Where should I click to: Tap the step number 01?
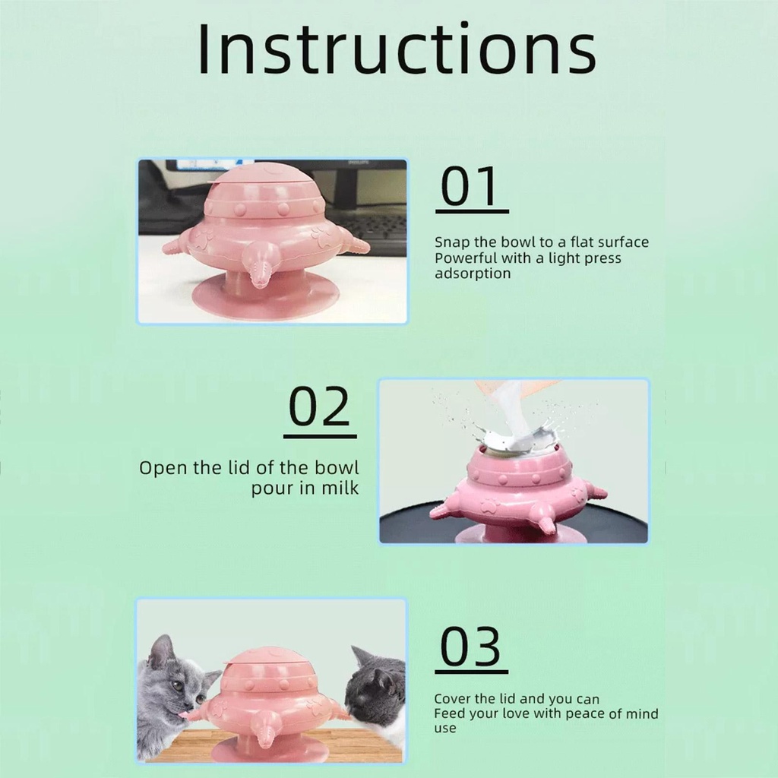(471, 188)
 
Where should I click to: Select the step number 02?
(320, 409)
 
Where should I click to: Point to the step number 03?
(471, 647)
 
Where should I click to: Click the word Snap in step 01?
(451, 242)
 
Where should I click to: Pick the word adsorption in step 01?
(473, 274)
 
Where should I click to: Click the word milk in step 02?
(340, 488)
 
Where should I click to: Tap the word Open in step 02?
(163, 468)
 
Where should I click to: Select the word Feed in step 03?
(450, 713)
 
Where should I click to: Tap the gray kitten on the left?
(171, 688)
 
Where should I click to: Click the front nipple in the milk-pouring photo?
(546, 521)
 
